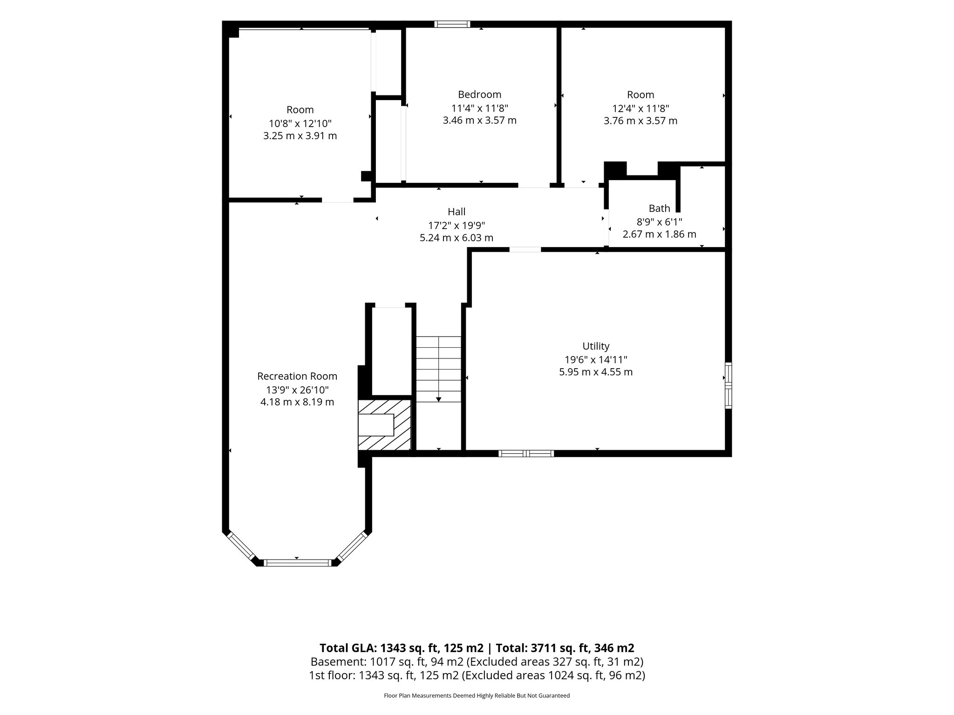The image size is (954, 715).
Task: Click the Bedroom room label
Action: [x=479, y=94]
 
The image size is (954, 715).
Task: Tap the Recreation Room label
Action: [x=297, y=376]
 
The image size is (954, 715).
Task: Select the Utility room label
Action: [x=596, y=346]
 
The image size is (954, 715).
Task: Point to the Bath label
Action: [x=659, y=208]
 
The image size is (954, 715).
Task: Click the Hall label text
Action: [x=457, y=212]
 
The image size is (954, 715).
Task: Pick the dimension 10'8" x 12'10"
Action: [x=300, y=123]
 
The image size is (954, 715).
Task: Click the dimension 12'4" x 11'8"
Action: [x=641, y=108]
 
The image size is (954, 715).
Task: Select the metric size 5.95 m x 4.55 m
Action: [x=596, y=372]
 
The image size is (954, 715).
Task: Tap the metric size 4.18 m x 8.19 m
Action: [x=297, y=402]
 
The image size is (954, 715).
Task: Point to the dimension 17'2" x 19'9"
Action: [x=457, y=225]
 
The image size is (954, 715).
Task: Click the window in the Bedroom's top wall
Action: [x=452, y=24]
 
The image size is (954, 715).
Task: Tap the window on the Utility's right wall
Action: [x=728, y=385]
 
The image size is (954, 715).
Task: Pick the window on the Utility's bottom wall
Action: [x=526, y=453]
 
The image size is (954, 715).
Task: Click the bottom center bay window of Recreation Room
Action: [x=297, y=563]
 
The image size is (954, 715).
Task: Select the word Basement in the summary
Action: [x=338, y=662]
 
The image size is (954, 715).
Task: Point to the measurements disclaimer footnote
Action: [x=477, y=696]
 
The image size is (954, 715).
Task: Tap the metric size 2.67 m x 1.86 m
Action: [x=659, y=234]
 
